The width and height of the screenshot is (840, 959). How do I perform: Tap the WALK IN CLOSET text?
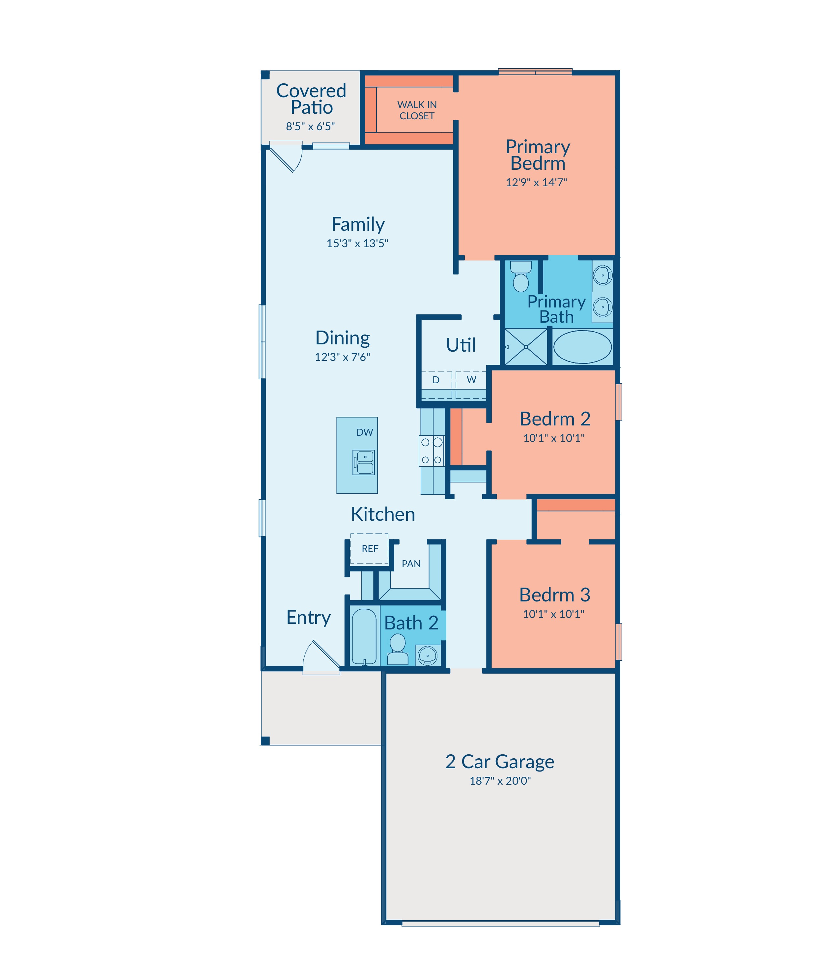coord(417,110)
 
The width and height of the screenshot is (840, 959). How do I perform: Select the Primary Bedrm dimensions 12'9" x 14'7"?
coord(536,183)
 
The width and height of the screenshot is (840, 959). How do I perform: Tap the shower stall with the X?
coord(526,347)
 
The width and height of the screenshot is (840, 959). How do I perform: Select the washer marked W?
coord(471,385)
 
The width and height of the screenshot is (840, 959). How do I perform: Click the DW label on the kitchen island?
coord(365,432)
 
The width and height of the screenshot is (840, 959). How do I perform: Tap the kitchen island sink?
coord(364,462)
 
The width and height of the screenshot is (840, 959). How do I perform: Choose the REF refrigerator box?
coord(369,549)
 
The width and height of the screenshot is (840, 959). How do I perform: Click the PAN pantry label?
coord(411,564)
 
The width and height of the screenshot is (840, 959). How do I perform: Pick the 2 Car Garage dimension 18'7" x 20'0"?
coord(500,781)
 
